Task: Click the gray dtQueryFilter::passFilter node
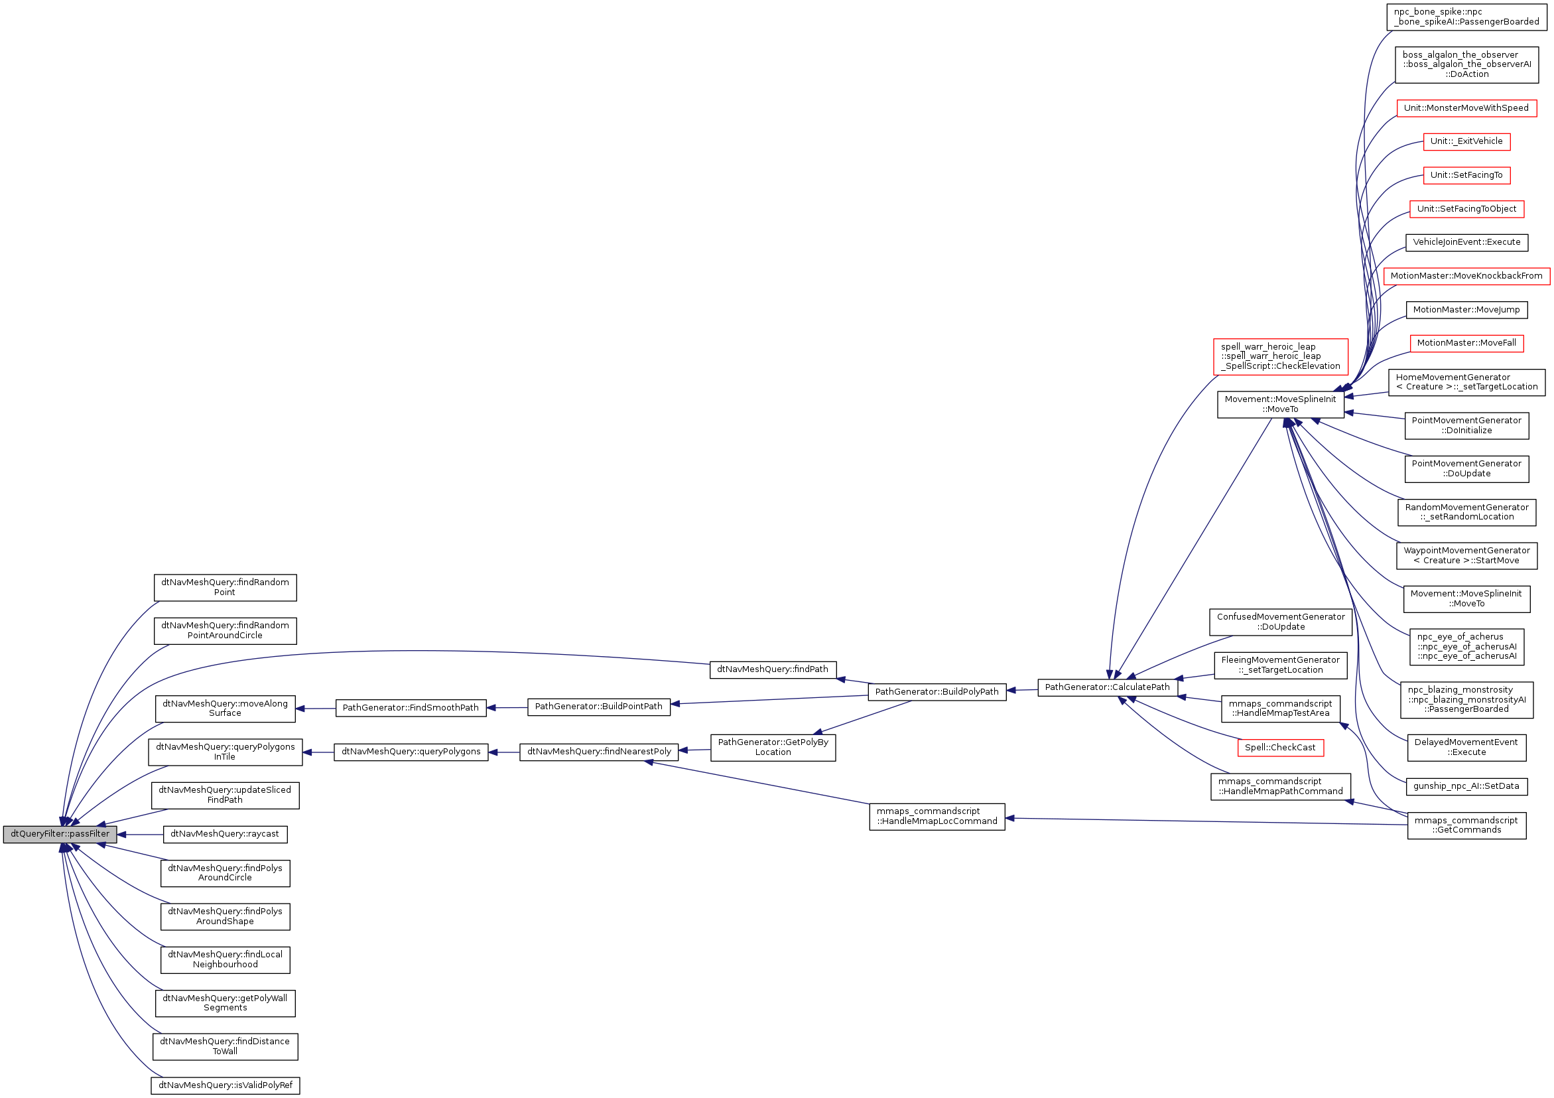tap(60, 834)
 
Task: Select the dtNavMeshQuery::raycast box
tap(225, 834)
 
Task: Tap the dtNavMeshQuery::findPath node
tap(772, 669)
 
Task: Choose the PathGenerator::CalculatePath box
tap(1107, 688)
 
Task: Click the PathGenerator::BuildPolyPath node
tap(937, 692)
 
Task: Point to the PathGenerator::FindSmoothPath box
tap(410, 708)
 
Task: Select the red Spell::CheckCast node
tap(1280, 748)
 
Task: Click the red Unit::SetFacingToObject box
tap(1466, 209)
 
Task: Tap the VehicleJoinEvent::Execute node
tap(1466, 242)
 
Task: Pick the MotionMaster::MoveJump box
tap(1466, 310)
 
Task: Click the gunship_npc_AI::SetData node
tap(1466, 787)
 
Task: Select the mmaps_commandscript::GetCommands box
tap(1466, 825)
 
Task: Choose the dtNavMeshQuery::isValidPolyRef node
tap(225, 1086)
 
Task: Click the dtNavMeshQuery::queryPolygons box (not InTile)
tap(410, 752)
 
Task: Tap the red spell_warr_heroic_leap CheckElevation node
tap(1280, 357)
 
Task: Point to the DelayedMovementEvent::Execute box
tap(1466, 747)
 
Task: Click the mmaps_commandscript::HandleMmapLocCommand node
tap(937, 817)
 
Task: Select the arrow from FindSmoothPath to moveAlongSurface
tap(316, 709)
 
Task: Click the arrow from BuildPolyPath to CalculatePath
tap(1022, 691)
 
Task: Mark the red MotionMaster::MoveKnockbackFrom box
tap(1466, 276)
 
